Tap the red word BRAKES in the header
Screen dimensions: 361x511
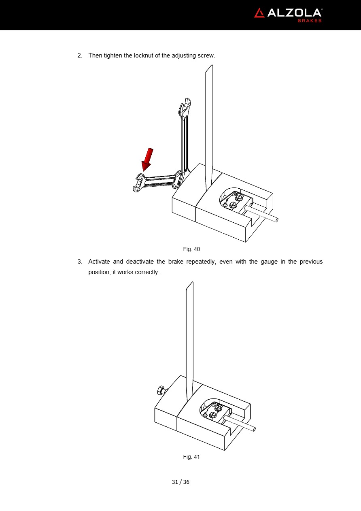coord(310,21)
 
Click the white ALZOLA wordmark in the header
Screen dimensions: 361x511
coord(294,13)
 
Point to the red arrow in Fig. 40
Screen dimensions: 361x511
coord(147,159)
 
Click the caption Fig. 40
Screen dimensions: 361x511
coord(191,249)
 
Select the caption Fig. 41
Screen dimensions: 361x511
coord(191,457)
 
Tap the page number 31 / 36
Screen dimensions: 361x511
coord(180,482)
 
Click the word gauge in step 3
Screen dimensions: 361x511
coord(269,262)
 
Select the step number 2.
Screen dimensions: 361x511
coord(80,55)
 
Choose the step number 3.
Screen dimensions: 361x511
coord(80,262)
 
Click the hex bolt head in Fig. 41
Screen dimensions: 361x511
coord(161,391)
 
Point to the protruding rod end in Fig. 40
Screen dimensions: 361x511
coord(277,220)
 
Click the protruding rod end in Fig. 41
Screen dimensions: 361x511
coord(254,429)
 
